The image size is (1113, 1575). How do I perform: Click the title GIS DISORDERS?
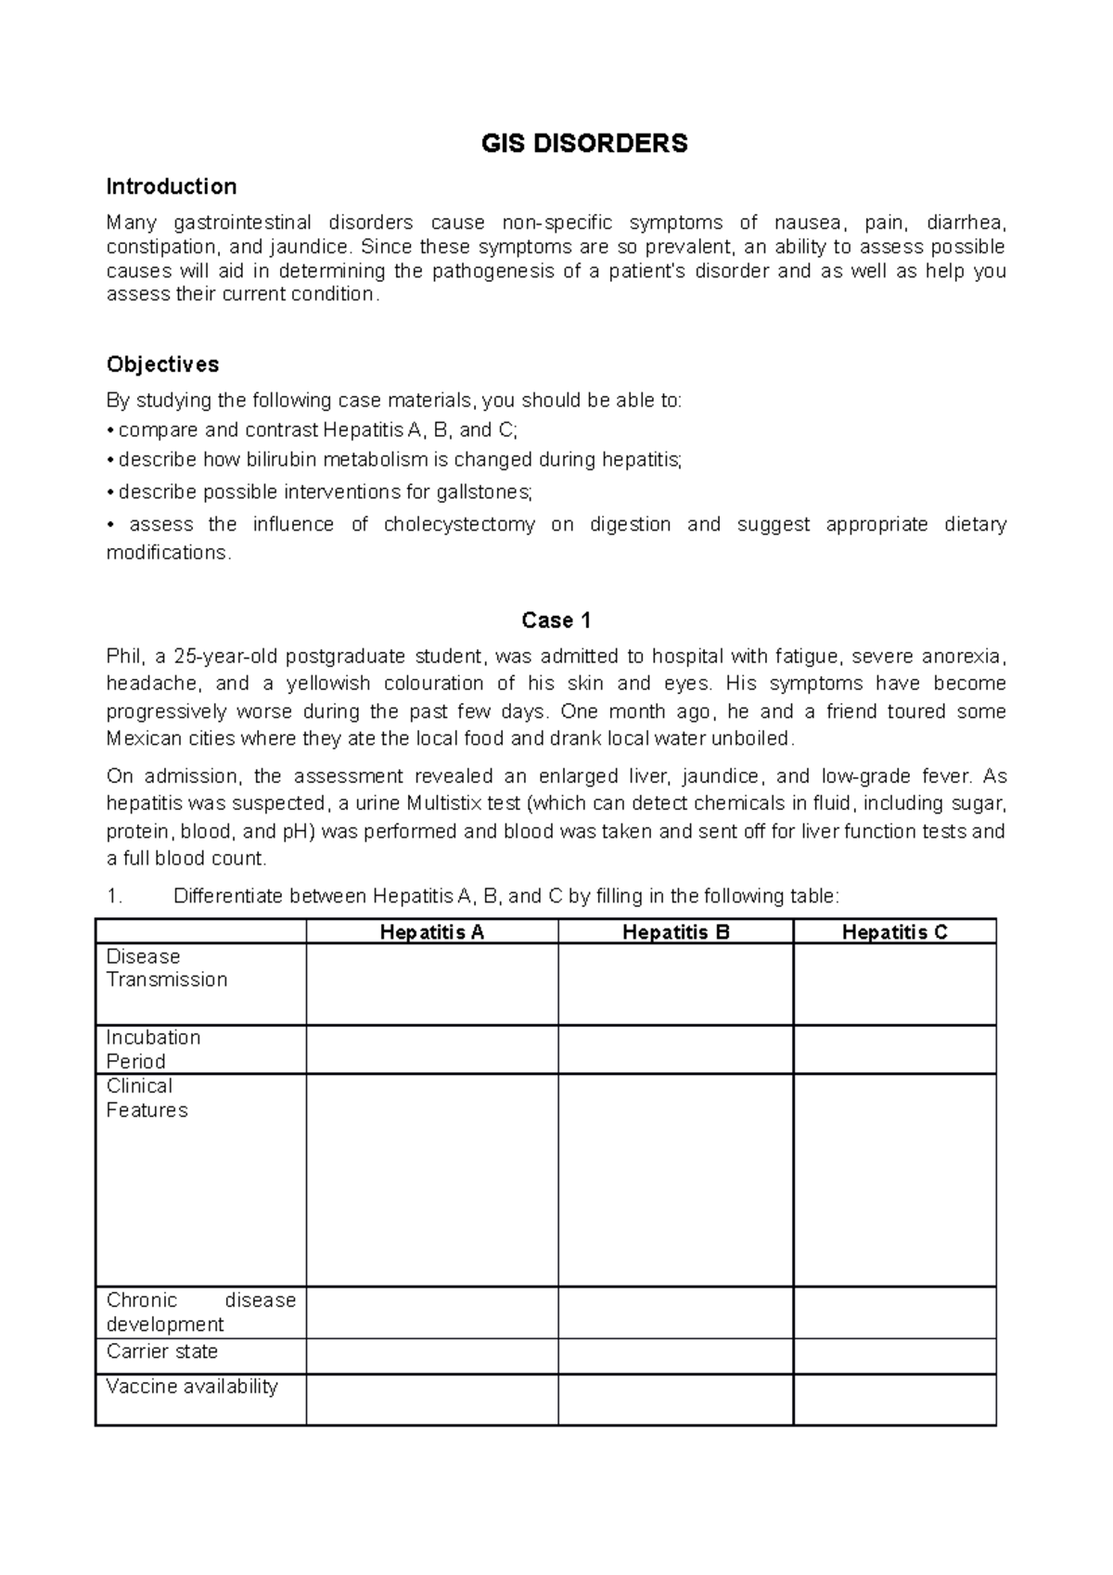(583, 144)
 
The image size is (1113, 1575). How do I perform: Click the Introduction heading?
(171, 186)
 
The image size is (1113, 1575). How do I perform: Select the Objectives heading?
(162, 364)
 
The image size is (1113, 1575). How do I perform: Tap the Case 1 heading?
(556, 620)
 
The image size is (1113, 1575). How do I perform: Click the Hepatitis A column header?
(432, 932)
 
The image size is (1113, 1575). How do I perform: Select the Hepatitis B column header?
(675, 932)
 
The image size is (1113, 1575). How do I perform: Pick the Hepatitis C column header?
(894, 932)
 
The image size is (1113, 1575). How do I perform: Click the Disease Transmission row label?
(167, 968)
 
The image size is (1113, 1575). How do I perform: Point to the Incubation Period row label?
(153, 1049)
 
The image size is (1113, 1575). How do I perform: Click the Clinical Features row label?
(147, 1098)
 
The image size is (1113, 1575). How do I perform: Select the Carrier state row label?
(162, 1351)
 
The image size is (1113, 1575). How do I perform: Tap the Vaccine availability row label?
(192, 1387)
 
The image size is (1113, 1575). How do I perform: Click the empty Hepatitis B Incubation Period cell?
(675, 1049)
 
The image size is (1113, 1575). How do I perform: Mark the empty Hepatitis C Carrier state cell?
(894, 1355)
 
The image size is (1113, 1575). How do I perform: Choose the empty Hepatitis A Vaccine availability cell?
(432, 1399)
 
